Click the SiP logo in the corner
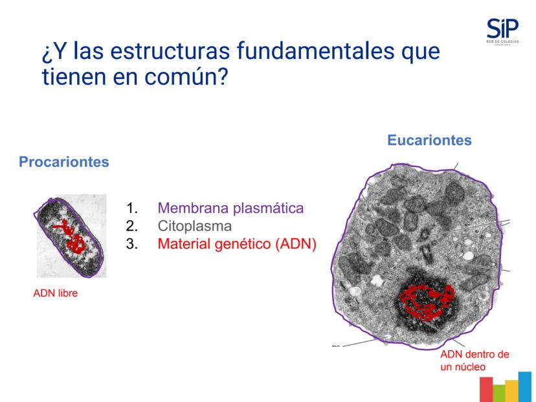[x=502, y=32]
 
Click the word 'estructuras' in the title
[x=170, y=51]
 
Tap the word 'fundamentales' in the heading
[x=315, y=50]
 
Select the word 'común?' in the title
[x=186, y=76]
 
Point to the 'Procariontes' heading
[x=64, y=162]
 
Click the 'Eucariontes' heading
[x=429, y=140]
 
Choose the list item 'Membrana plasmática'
[x=230, y=208]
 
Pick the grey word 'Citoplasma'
[x=195, y=226]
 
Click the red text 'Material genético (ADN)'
[x=237, y=244]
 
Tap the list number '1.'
[x=132, y=208]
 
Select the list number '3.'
[x=132, y=244]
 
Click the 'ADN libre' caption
[x=56, y=293]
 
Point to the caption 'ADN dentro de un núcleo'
[x=475, y=361]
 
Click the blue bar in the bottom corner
[x=525, y=387]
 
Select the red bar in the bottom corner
[x=486, y=389]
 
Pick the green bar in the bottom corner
[x=499, y=393]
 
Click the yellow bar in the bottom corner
[x=512, y=391]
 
